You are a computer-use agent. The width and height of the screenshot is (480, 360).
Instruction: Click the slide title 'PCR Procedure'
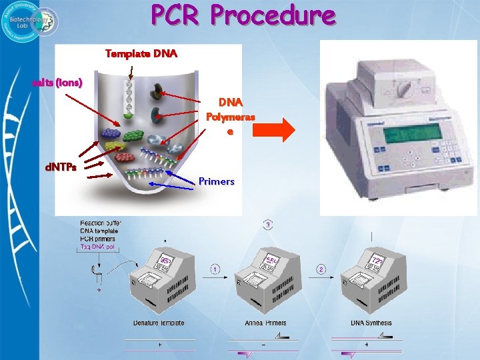243,15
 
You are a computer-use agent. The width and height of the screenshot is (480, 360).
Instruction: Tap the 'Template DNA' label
141,53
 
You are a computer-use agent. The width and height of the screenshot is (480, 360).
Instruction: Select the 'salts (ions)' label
58,83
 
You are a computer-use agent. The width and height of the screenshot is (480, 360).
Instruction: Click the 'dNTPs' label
60,167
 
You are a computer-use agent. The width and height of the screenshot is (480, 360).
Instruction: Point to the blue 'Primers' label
217,181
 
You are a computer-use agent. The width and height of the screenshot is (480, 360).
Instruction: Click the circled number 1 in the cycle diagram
215,269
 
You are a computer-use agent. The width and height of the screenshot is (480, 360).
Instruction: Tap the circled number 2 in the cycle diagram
321,269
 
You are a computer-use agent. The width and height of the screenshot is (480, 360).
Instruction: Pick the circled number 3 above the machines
268,225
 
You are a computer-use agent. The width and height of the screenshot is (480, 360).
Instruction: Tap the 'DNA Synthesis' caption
371,323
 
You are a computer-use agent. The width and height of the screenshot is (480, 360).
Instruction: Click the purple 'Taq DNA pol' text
97,247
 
